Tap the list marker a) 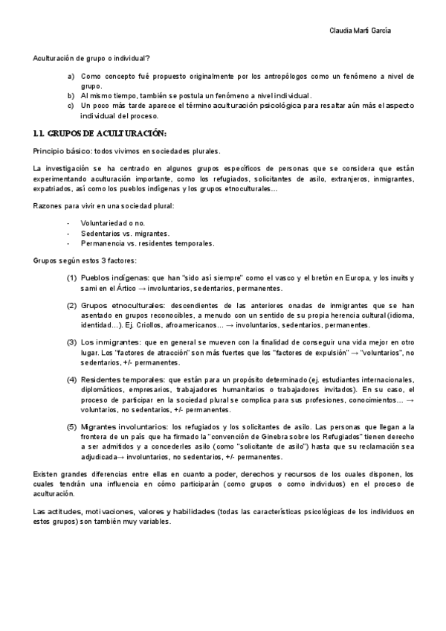(x=71, y=77)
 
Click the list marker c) (x=71, y=106)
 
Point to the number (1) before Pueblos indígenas (x=71, y=278)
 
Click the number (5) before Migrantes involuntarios (x=71, y=427)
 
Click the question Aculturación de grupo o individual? (x=91, y=58)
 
